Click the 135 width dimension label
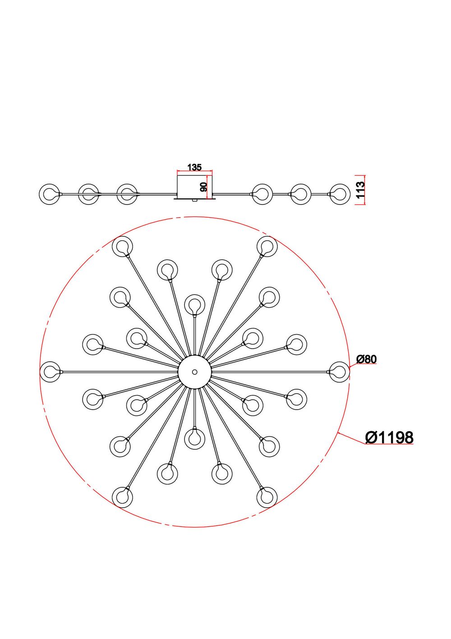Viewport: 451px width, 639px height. point(194,168)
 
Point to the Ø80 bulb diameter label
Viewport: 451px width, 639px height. point(366,359)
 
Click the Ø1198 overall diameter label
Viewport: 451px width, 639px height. point(389,437)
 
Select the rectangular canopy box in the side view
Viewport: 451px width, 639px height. point(194,186)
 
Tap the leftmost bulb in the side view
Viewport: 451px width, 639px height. point(50,194)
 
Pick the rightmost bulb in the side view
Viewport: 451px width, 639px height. point(340,194)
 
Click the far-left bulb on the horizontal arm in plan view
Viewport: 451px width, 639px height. point(51,372)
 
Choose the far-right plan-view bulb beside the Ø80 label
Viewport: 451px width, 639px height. point(339,372)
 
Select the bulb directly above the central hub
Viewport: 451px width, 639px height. point(195,304)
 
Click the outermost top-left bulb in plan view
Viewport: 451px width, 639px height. point(122,247)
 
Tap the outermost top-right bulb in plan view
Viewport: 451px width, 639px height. point(267,247)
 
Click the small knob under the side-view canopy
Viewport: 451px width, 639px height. point(194,200)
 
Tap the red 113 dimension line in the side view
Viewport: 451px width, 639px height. point(356,190)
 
